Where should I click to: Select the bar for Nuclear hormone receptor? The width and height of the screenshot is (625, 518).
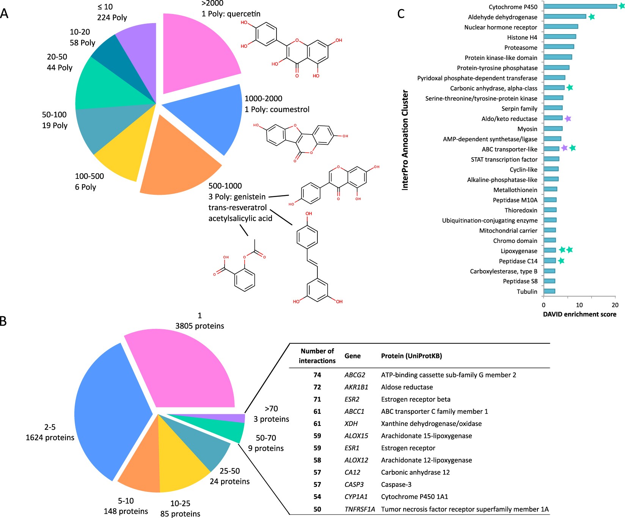coord(561,27)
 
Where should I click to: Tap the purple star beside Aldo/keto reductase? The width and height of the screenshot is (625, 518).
coord(568,119)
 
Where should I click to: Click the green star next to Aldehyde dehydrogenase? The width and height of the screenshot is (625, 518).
coord(591,17)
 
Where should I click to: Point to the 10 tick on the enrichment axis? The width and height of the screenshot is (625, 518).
coord(579,305)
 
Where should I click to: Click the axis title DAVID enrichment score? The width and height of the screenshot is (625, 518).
coord(579,314)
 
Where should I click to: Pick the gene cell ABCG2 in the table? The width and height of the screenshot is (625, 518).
coord(355,375)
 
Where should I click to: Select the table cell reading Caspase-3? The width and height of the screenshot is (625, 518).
coord(396,484)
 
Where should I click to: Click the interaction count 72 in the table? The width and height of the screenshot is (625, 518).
coord(317,387)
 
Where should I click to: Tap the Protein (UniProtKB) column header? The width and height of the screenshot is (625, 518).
coord(411,356)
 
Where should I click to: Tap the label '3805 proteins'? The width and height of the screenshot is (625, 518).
coord(199,326)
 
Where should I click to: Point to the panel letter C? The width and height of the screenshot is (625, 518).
coord(401,14)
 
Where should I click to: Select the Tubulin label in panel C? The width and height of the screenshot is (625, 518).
coord(527,291)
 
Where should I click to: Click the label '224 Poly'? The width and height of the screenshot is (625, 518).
coord(112,17)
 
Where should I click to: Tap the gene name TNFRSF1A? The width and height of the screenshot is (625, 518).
coord(360,509)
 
